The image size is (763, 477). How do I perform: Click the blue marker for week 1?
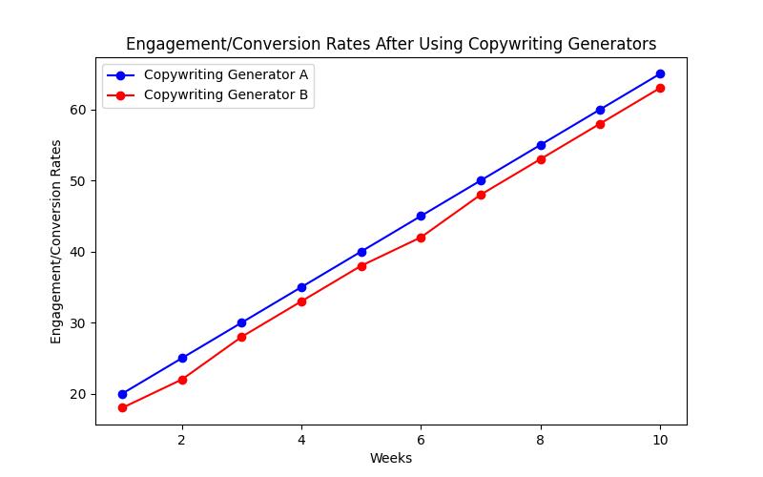[122, 394]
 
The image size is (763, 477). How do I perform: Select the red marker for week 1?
[122, 408]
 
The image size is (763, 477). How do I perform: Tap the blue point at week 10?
[660, 73]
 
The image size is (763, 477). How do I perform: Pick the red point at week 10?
[660, 88]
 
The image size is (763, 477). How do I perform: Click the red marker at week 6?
[421, 238]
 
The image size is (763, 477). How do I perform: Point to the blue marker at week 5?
[361, 252]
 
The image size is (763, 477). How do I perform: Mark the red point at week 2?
[182, 380]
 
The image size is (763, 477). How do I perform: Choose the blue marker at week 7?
[481, 180]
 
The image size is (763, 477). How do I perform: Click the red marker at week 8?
[541, 159]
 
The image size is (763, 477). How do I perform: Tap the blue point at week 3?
[241, 322]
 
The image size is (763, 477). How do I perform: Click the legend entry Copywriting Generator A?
[225, 74]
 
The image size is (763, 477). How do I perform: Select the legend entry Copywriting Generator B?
[225, 95]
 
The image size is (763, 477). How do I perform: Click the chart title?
[391, 44]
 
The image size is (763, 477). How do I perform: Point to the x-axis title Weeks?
[391, 459]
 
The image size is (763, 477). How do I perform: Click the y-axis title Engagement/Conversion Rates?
[57, 241]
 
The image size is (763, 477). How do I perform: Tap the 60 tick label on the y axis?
[78, 110]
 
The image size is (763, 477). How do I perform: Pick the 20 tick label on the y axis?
[78, 394]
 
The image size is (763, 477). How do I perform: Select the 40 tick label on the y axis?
[78, 252]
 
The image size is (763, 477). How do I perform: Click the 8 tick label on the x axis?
[541, 440]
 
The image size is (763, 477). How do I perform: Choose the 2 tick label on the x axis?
[182, 440]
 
